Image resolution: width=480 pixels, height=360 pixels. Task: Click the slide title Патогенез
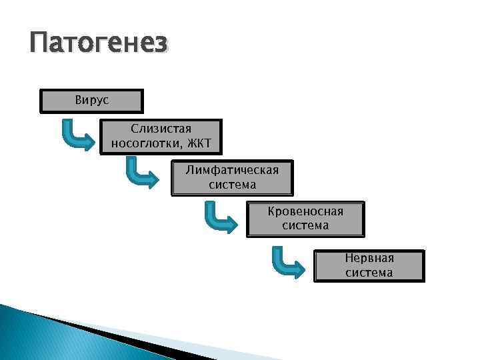[x=99, y=45]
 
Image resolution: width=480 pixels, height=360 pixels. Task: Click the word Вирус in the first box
[x=92, y=100]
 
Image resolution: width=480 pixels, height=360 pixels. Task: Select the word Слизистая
[x=161, y=128]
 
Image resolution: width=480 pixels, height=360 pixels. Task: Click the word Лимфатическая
[x=232, y=170]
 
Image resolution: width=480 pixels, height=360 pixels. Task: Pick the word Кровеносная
[x=305, y=211]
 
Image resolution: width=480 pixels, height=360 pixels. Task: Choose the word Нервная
[x=369, y=258]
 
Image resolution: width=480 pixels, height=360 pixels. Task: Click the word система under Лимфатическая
[x=232, y=184]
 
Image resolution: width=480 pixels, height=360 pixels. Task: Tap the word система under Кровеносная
[x=305, y=225]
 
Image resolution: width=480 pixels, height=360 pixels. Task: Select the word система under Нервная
[x=369, y=273]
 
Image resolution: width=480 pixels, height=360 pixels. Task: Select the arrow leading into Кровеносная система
[x=219, y=219]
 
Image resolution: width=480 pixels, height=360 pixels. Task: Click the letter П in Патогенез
[x=39, y=45]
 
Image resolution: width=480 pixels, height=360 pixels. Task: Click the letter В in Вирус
[x=78, y=100]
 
